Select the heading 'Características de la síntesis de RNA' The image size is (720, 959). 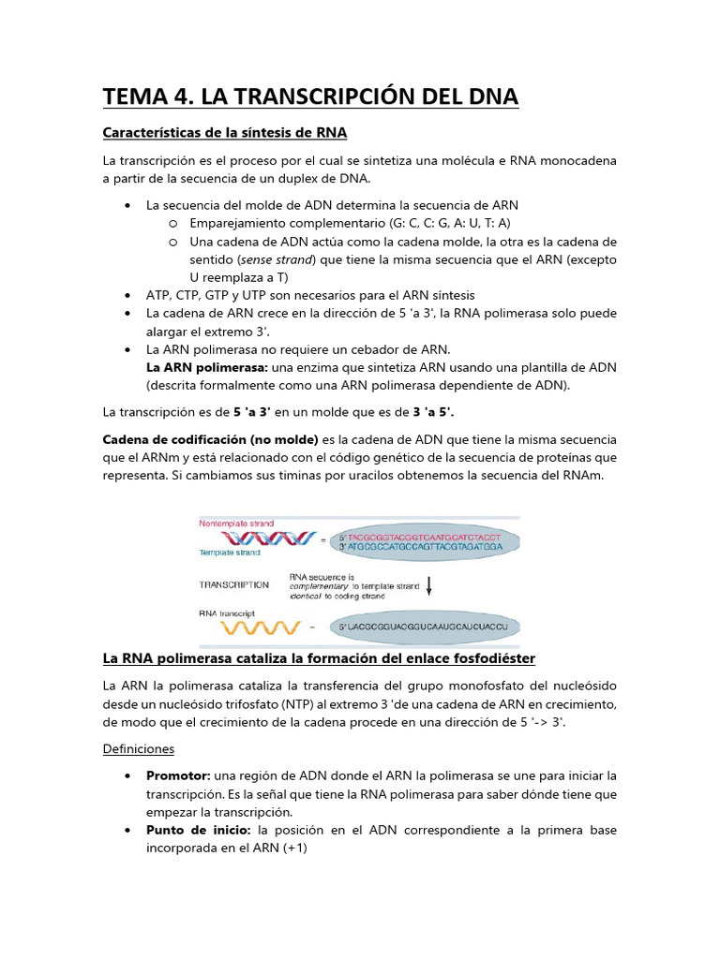(x=225, y=132)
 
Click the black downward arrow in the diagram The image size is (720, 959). (x=429, y=585)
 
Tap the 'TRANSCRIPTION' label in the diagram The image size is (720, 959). (x=233, y=585)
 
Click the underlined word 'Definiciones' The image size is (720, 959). (x=138, y=749)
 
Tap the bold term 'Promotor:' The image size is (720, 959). (x=178, y=776)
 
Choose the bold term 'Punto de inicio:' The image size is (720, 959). (x=200, y=831)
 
